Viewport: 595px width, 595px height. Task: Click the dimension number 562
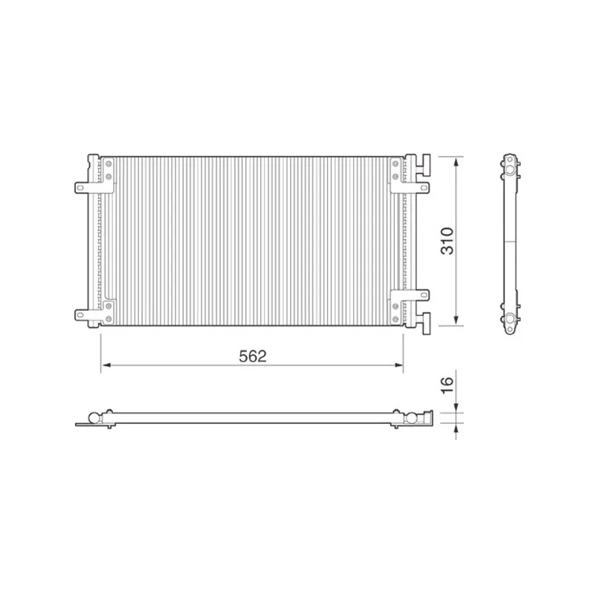coord(253,356)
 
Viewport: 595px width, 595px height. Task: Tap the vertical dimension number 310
coord(448,241)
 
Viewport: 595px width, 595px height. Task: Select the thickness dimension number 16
coord(448,385)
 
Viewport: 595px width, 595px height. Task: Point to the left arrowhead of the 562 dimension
coord(106,365)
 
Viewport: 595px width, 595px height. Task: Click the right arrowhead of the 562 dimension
coord(399,365)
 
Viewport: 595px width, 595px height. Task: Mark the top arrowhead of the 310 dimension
coord(456,162)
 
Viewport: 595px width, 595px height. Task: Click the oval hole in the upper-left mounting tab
coord(80,187)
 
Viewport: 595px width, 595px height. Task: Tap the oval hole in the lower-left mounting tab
coord(80,314)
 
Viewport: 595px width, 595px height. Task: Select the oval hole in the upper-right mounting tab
coord(423,187)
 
